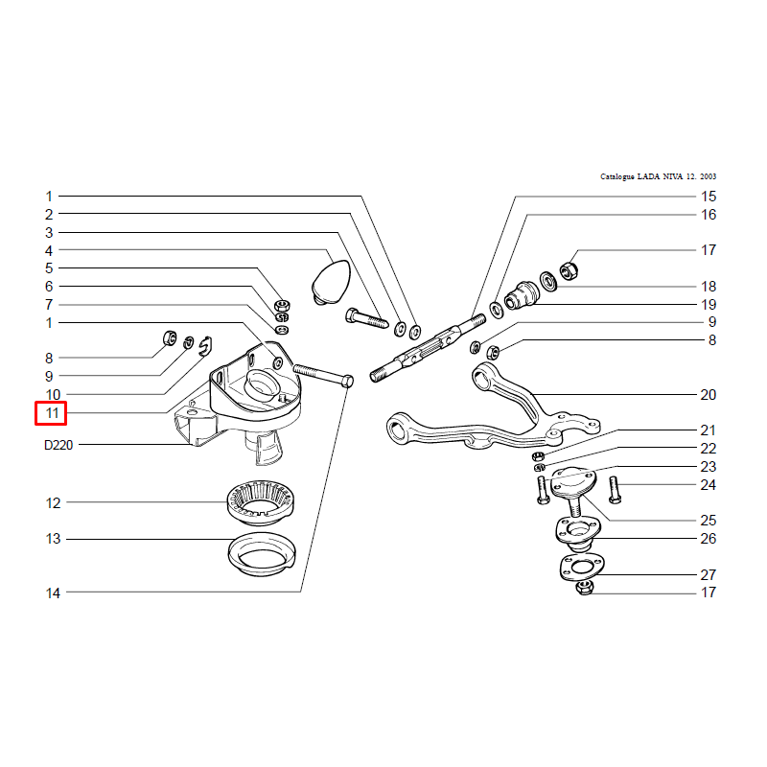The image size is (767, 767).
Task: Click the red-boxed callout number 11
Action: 52,413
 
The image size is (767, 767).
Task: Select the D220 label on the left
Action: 58,445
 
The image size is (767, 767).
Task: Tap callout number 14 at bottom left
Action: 53,593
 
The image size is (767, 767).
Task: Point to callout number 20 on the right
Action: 708,395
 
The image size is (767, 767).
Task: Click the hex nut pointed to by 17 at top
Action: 568,269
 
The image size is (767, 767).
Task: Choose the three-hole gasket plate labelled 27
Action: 582,568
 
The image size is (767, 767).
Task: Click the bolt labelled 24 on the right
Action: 615,490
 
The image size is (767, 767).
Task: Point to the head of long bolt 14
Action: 347,381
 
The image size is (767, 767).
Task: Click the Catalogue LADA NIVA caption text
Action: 658,176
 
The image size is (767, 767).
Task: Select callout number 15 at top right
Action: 709,197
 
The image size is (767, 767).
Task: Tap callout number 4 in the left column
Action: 49,251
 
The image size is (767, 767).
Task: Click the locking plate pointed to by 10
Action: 206,345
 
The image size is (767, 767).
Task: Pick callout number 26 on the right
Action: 708,539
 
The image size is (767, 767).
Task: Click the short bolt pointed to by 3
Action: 367,317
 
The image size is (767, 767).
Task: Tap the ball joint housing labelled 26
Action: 578,532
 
